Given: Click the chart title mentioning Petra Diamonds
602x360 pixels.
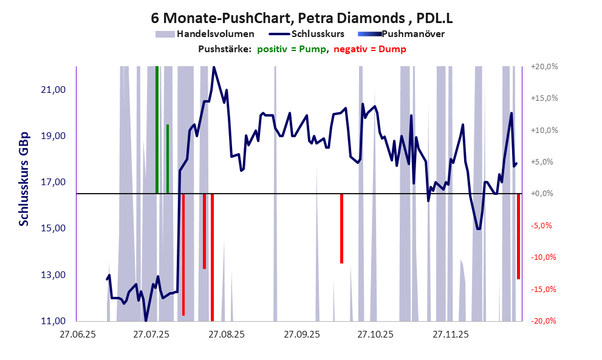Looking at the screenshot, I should pos(301,19).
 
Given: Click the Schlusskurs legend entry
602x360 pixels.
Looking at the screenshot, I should pos(318,34).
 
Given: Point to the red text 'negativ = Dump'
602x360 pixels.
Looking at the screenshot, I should pos(370,49).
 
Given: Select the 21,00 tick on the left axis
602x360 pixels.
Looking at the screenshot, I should pos(52,90).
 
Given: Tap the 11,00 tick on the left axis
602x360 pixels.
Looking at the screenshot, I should pos(52,321).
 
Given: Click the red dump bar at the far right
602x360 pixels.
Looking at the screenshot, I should pos(518,236).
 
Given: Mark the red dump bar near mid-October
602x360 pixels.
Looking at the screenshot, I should pos(341,228).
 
